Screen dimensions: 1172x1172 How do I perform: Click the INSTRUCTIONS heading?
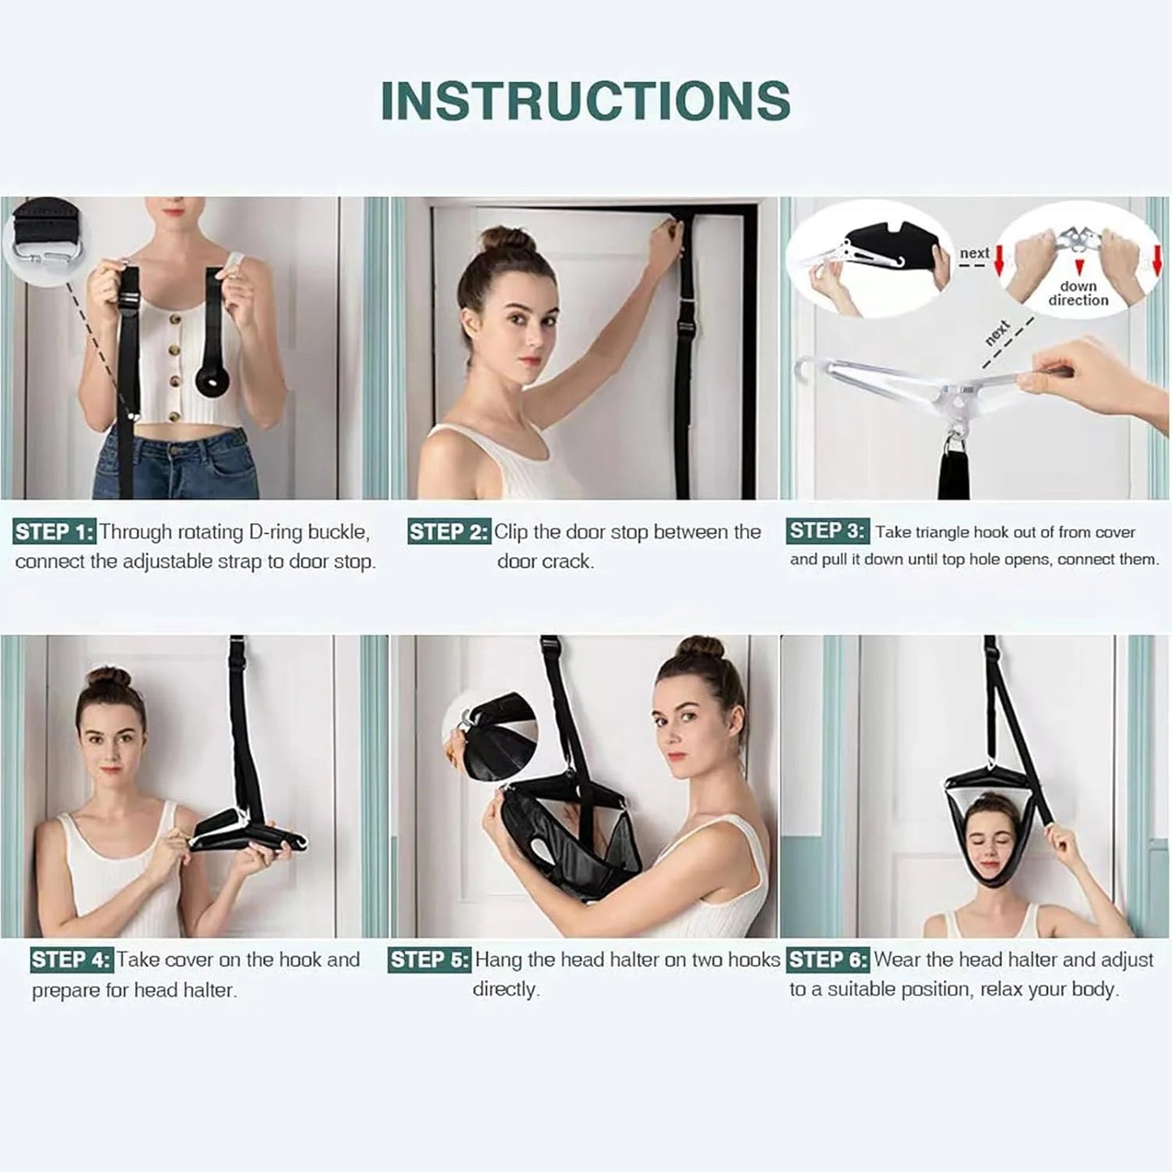click(585, 101)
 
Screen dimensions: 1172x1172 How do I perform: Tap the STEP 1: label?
click(54, 533)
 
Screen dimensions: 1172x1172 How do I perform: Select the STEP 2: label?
click(449, 533)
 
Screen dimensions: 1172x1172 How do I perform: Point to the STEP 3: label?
click(826, 531)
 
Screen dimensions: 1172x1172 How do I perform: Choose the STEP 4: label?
click(71, 960)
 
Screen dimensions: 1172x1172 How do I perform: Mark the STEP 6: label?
click(827, 960)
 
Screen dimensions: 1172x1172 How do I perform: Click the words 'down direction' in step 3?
click(1078, 293)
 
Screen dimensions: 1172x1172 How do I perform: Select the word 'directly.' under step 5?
click(506, 990)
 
